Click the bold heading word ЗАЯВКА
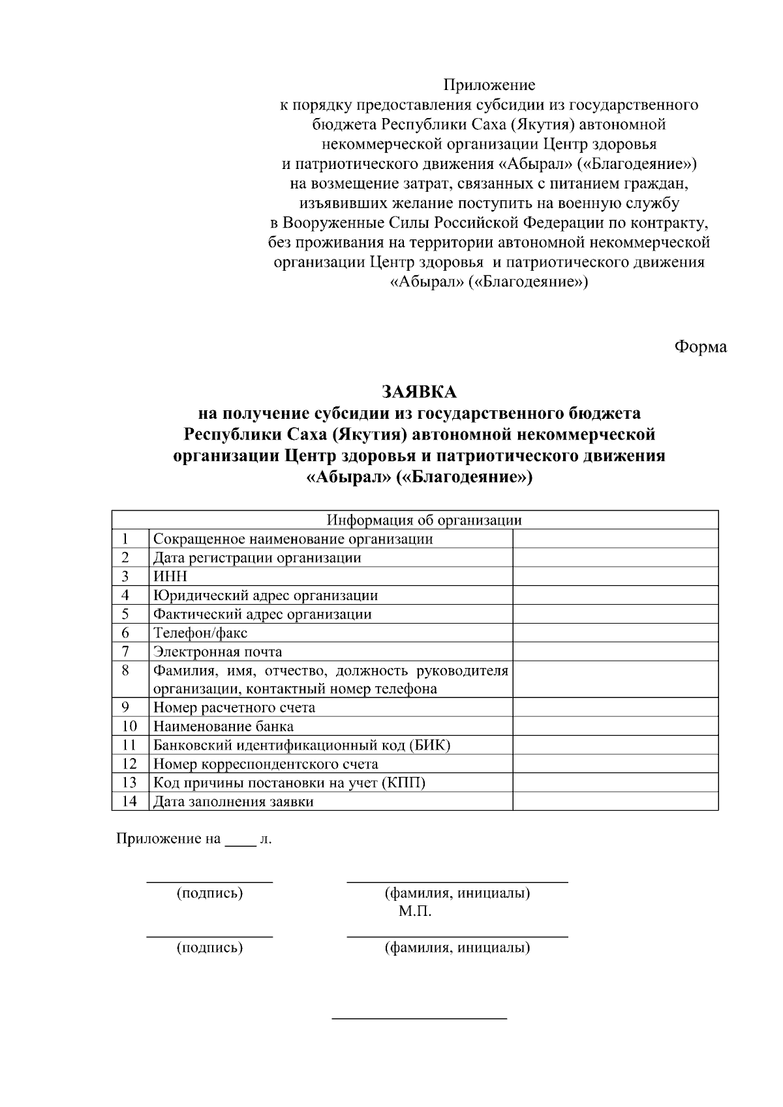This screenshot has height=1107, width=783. [x=419, y=392]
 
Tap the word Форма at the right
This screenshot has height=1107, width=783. [x=699, y=346]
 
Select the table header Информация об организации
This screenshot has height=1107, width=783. [x=424, y=520]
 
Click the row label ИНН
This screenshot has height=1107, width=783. [x=170, y=577]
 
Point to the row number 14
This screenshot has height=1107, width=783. [x=129, y=801]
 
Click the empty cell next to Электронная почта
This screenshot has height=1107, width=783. [x=615, y=652]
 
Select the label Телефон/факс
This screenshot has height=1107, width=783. [x=200, y=633]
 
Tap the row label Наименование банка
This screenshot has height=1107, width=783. [x=223, y=726]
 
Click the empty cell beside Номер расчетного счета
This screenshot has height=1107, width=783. [x=615, y=708]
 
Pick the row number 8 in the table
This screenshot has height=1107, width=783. [x=125, y=670]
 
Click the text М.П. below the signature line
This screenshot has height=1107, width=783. [x=415, y=911]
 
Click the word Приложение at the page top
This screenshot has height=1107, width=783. [x=489, y=85]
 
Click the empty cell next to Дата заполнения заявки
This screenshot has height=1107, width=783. [x=615, y=801]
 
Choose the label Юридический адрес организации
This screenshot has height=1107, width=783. [x=265, y=595]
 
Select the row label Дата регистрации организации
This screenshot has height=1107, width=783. [x=257, y=558]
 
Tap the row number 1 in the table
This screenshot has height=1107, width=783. [x=125, y=539]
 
